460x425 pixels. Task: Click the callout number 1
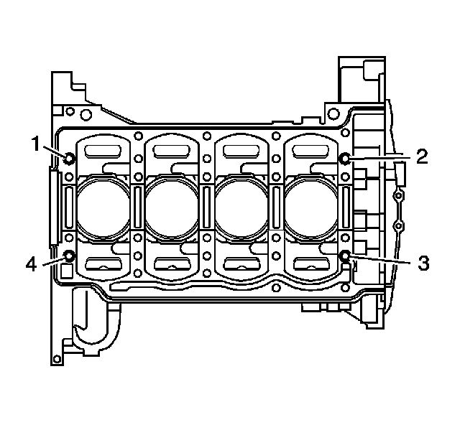tap(35, 144)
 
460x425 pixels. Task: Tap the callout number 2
tap(422, 157)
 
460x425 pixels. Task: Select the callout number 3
tap(423, 263)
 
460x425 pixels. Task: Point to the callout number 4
tap(31, 265)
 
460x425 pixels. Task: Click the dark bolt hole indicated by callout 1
tap(69, 158)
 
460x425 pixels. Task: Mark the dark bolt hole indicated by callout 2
tap(345, 159)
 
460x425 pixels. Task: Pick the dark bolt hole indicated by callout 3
tap(345, 256)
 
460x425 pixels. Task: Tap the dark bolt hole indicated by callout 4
tap(69, 256)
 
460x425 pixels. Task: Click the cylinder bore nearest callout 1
tap(103, 207)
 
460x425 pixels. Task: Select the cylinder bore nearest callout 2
tap(311, 207)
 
